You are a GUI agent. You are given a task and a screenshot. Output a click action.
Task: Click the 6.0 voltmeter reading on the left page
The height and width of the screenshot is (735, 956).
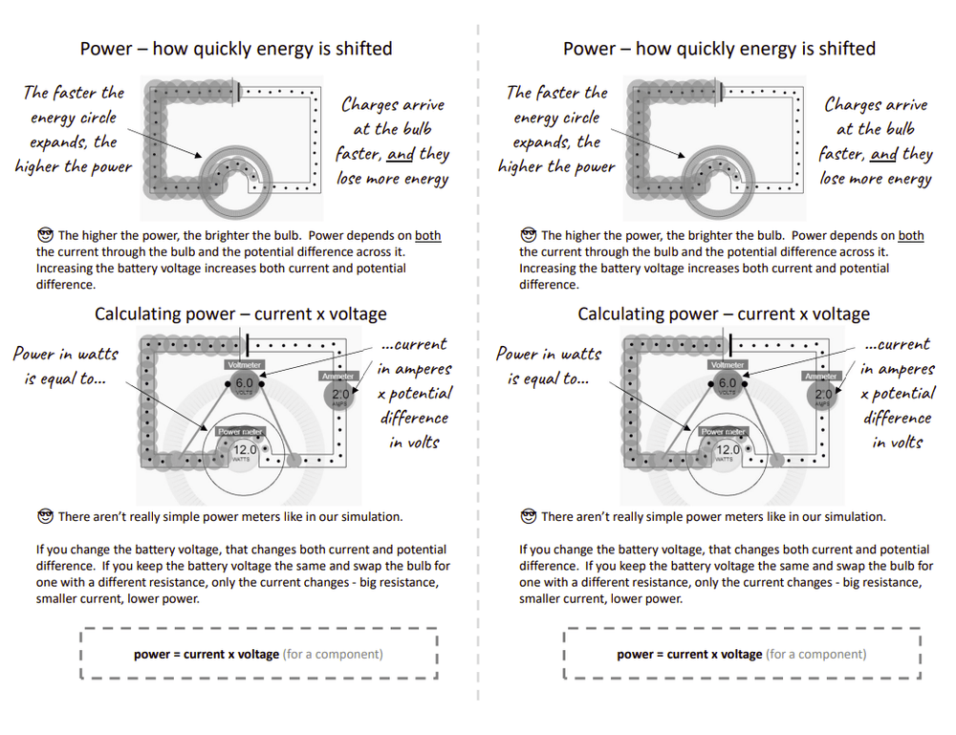point(245,383)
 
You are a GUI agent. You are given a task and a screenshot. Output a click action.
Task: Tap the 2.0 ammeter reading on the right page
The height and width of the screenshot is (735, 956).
point(823,394)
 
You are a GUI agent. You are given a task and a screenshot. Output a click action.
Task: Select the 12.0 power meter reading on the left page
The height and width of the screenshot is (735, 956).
point(245,449)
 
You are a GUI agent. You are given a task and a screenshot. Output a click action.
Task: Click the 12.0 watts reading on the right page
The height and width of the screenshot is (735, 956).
point(728,449)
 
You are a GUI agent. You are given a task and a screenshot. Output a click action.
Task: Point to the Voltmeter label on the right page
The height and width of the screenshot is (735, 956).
point(728,365)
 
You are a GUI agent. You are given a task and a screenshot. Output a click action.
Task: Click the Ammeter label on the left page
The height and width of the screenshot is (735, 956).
point(337,377)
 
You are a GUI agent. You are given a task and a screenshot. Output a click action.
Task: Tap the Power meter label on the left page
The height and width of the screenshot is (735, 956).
point(241,432)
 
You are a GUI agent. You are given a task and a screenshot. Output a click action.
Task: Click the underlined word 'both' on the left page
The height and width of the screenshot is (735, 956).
point(427,236)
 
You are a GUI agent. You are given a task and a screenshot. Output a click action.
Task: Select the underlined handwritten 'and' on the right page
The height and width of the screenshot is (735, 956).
point(883,154)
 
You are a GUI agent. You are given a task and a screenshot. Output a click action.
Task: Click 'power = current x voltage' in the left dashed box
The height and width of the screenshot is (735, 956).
point(206,655)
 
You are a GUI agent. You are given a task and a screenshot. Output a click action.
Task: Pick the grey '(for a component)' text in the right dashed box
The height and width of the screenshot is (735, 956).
point(816,655)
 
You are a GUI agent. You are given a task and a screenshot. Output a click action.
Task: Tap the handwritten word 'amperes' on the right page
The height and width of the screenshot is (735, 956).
point(902,370)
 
